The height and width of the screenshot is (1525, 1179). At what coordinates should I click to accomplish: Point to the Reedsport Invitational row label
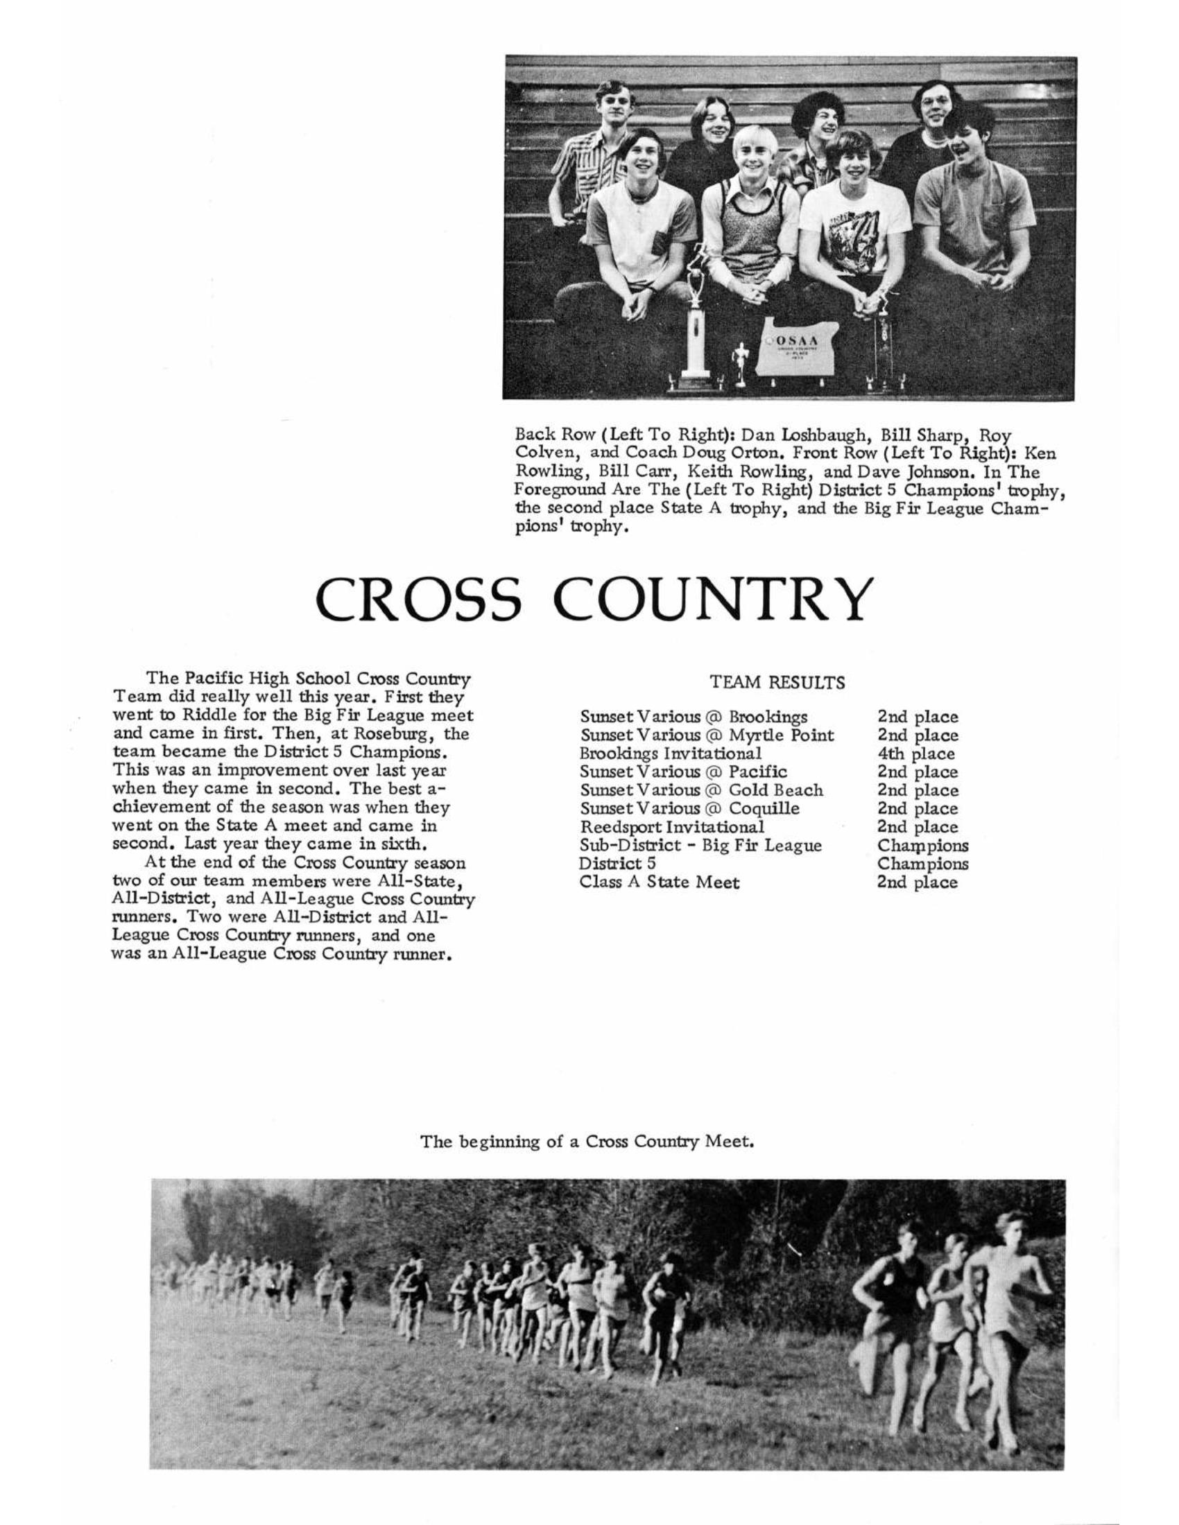(672, 827)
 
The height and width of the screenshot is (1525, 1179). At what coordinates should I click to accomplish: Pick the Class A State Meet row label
(660, 882)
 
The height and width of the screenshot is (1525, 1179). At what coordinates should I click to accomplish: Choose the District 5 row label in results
(617, 864)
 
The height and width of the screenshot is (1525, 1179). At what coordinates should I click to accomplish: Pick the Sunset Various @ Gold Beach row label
(701, 790)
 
